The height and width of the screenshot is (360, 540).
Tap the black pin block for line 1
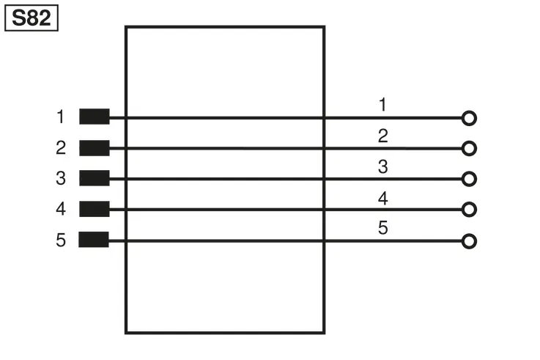pos(95,117)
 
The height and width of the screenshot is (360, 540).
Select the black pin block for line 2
pos(95,148)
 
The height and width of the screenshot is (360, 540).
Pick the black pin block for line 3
pos(95,178)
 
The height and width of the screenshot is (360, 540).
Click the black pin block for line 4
pos(95,209)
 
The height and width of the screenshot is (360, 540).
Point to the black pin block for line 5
pos(94,240)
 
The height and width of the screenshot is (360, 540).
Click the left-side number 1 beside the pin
pos(61,117)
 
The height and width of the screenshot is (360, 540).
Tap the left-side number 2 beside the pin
pos(61,148)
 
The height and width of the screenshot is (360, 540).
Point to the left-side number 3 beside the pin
pos(61,178)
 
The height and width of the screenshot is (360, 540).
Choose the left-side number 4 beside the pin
pos(61,209)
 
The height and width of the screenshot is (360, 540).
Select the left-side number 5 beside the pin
pos(61,240)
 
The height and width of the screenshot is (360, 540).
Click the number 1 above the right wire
pos(382,105)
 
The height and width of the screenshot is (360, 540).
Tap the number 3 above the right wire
pos(383,166)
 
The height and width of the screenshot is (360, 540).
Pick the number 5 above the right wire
pos(383,228)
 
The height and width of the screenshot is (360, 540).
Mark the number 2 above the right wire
pos(383,136)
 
